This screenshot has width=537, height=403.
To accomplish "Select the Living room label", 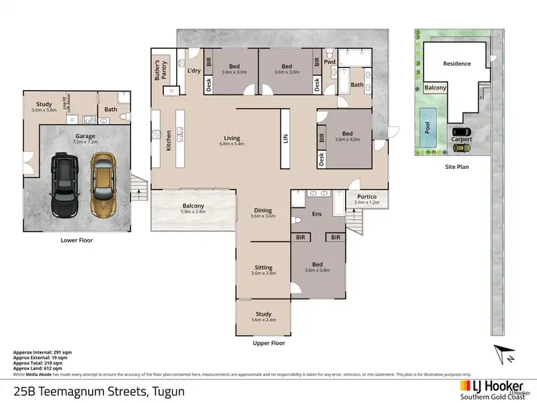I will click(231, 138).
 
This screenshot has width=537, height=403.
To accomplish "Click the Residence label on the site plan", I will click(457, 64).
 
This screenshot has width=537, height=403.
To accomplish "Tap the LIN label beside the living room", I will click(284, 137).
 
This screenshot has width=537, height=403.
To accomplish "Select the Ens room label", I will click(316, 213).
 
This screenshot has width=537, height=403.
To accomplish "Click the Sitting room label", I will click(263, 267).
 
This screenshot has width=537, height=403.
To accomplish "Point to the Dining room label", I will click(263, 210).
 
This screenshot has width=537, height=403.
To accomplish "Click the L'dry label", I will click(193, 71).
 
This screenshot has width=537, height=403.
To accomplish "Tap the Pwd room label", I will click(329, 62).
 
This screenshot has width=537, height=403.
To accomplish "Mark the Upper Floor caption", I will click(269, 343).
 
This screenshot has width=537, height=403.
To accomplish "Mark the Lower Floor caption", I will click(76, 241).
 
